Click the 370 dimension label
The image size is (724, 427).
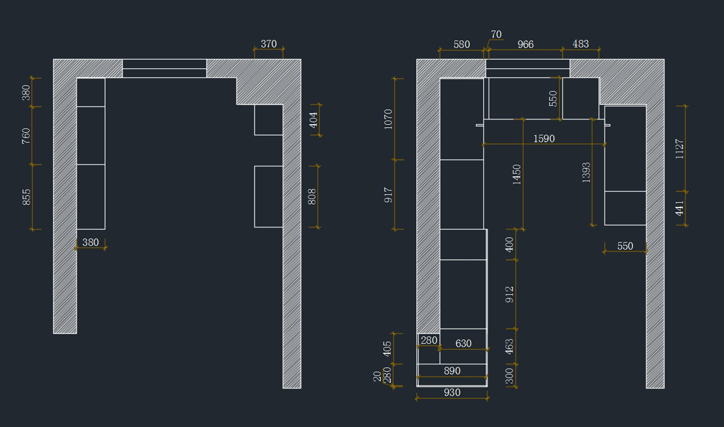point(268,44)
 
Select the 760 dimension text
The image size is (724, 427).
point(27,136)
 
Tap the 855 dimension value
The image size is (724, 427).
point(27,197)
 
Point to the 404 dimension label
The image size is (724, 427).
point(313,120)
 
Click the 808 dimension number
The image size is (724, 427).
point(313,197)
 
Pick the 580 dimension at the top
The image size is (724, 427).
point(462,45)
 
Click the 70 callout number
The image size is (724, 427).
point(496,34)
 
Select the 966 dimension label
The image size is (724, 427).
point(526,45)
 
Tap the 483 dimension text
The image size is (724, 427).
point(580,45)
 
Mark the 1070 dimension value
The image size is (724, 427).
point(389,119)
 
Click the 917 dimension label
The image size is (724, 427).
point(389,194)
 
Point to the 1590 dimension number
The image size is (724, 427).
point(544,139)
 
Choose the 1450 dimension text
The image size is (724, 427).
point(517,175)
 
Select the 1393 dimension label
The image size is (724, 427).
point(586,172)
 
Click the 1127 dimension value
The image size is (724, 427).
point(680,148)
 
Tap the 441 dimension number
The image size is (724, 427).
point(680,209)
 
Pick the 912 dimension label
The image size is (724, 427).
point(510,294)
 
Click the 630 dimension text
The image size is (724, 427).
point(463,344)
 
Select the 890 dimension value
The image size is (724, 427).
point(452,371)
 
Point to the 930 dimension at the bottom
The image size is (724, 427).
point(452,393)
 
